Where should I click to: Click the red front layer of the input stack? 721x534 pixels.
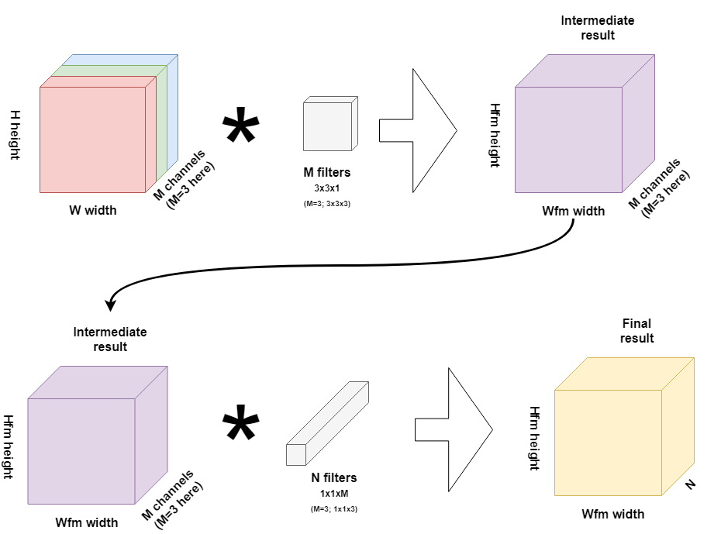coord(92,140)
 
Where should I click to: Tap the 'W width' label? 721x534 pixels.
coord(92,209)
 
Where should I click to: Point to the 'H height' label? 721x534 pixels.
coord(13,133)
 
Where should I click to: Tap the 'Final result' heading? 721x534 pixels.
coord(637,330)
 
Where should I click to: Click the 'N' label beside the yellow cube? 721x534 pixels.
coord(690,485)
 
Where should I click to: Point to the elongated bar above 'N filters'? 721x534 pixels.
coord(327,423)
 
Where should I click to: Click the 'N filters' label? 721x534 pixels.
coord(333,478)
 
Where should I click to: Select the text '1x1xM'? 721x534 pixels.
coord(333,493)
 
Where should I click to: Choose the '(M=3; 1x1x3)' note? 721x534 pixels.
coord(333,508)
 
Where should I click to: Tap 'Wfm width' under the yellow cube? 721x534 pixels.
coord(612,514)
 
